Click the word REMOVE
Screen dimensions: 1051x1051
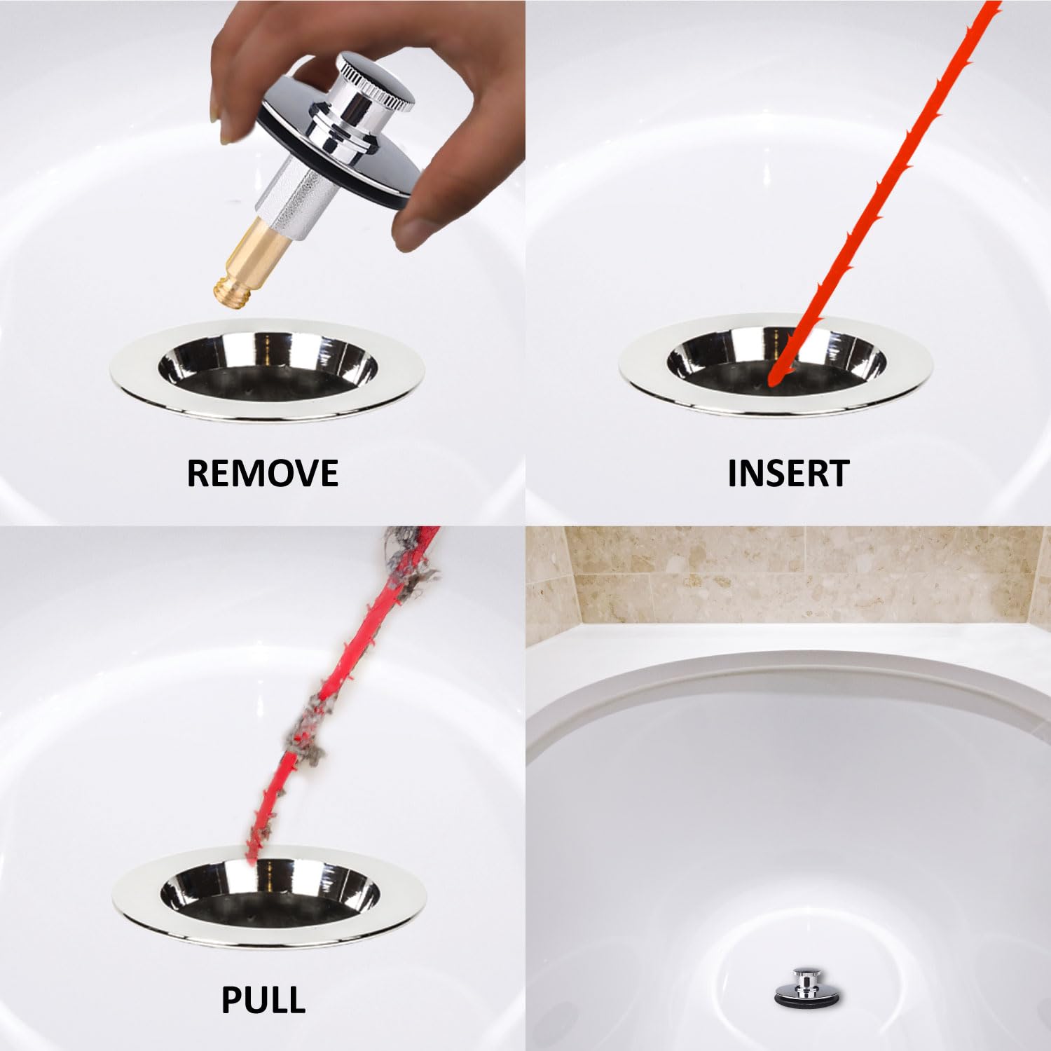tap(262, 473)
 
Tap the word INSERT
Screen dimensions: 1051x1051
tap(788, 473)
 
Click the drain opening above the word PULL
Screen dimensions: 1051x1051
tap(269, 893)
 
